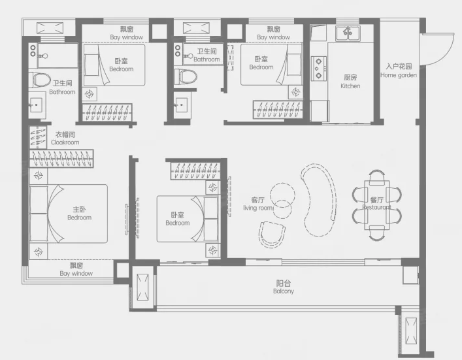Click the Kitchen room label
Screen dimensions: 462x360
(x=350, y=82)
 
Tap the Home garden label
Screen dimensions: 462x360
(x=399, y=71)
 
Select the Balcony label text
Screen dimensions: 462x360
(x=284, y=287)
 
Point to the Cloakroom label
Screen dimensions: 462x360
(x=65, y=139)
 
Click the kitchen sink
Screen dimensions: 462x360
(x=348, y=33)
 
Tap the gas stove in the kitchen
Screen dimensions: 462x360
(x=319, y=69)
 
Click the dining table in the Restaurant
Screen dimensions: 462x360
(x=377, y=205)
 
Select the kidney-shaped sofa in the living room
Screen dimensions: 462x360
(x=319, y=200)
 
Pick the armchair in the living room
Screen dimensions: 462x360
(x=272, y=235)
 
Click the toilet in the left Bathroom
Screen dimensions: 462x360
(x=41, y=80)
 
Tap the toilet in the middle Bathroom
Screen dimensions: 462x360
(x=186, y=76)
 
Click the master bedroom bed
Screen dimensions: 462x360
(x=69, y=214)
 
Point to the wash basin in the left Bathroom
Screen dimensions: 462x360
(x=37, y=105)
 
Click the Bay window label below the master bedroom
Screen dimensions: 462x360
(x=76, y=269)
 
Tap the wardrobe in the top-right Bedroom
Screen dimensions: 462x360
(x=278, y=110)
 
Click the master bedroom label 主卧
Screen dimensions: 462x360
(x=79, y=210)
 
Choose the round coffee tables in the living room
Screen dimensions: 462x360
(x=282, y=201)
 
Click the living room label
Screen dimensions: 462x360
(x=258, y=204)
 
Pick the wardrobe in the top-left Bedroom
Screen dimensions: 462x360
(x=107, y=112)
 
